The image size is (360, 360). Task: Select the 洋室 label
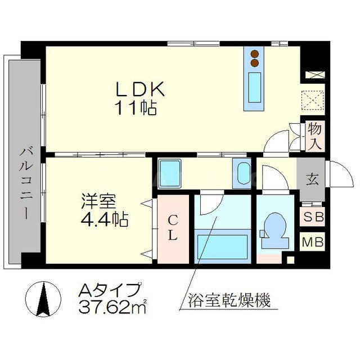(x=94, y=200)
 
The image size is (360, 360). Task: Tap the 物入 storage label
(x=314, y=136)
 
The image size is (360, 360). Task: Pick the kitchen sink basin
(x=255, y=88)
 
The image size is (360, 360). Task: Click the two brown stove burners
(x=255, y=58)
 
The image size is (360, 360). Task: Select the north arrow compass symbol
(x=44, y=298)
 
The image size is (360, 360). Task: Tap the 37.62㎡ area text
(x=112, y=307)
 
